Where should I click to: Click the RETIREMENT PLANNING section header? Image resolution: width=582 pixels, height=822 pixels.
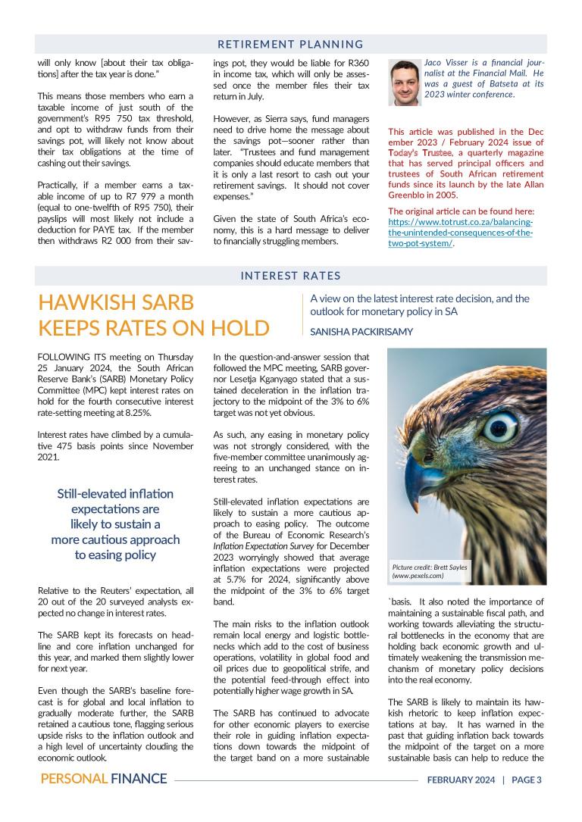pos(290,44)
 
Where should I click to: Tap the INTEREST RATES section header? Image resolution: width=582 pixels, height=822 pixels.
pos(290,276)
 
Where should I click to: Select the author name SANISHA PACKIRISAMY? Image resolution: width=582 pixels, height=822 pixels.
pos(362,331)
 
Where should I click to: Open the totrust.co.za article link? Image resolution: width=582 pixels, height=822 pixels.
pos(460,233)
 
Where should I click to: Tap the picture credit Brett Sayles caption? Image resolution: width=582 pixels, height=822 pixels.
pos(429,572)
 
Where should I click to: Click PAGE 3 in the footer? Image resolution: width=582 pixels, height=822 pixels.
pos(527,780)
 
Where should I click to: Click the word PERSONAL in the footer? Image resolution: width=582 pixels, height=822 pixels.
pos(73,779)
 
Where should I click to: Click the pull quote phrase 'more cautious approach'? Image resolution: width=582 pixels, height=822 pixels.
pos(116,539)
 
